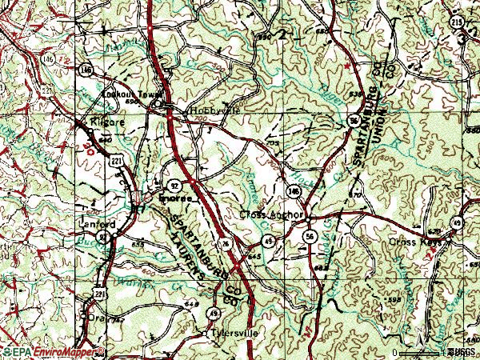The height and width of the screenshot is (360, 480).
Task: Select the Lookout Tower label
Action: tap(127, 94)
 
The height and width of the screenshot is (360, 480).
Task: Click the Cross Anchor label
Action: tap(274, 215)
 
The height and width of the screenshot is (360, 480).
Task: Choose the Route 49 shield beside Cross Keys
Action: tap(458, 222)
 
